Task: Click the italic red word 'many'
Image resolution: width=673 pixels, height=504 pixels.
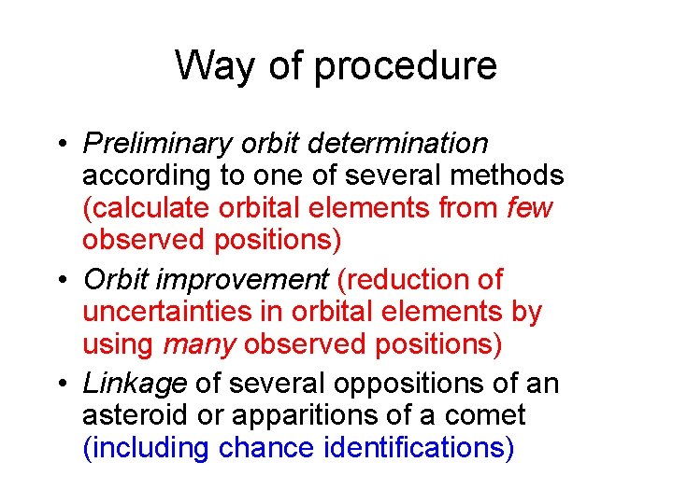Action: tap(198, 344)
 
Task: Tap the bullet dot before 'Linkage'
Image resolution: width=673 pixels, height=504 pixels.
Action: tap(60, 384)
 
